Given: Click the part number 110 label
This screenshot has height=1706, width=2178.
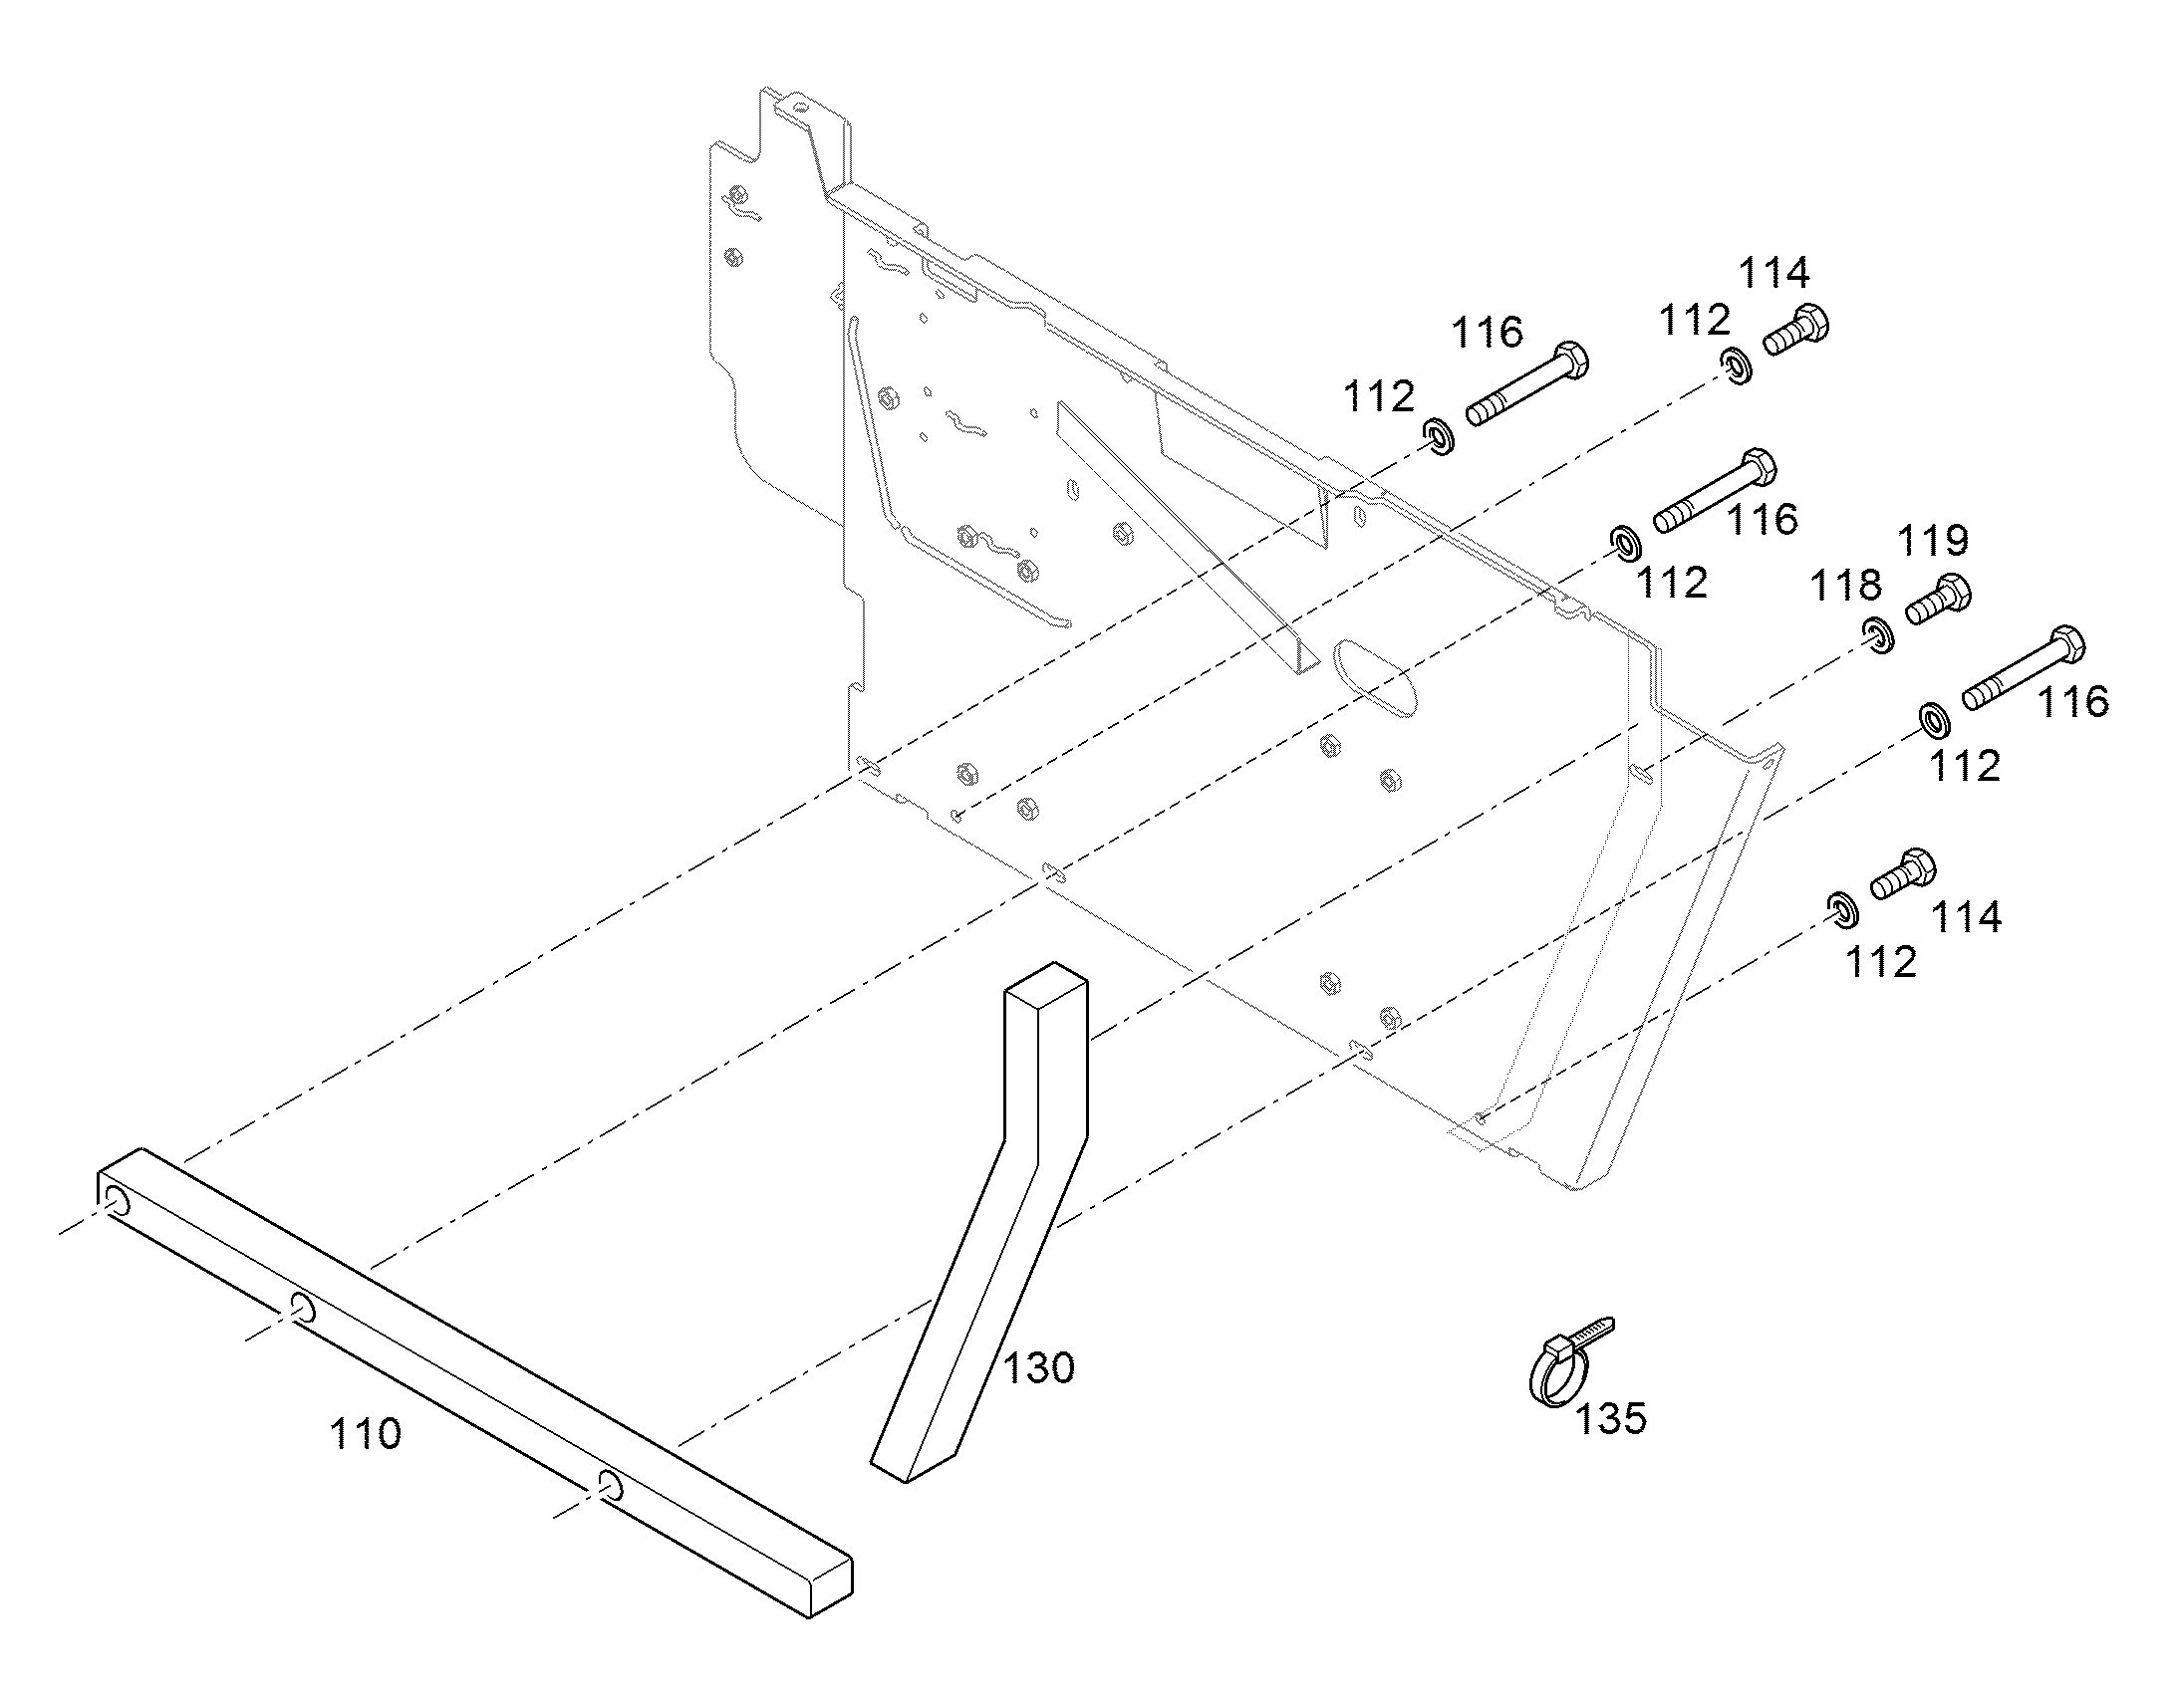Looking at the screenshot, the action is pyautogui.click(x=366, y=1434).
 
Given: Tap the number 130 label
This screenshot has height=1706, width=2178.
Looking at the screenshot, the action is pyautogui.click(x=1038, y=1367).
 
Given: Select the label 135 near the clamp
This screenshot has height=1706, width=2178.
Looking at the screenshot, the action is pyautogui.click(x=1610, y=1417).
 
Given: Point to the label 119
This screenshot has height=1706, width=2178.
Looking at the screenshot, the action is pyautogui.click(x=1933, y=541).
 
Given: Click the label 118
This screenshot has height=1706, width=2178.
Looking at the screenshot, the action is pyautogui.click(x=1845, y=587).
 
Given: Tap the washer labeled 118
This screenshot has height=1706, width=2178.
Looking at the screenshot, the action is pyautogui.click(x=1878, y=636).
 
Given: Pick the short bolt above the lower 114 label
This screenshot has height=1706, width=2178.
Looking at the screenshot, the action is pyautogui.click(x=1903, y=875).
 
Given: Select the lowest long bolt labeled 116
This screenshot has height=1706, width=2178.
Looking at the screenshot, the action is pyautogui.click(x=2024, y=668).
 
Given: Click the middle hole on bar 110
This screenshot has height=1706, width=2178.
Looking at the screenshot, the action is pyautogui.click(x=303, y=1307).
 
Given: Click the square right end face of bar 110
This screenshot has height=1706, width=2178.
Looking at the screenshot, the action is pyautogui.click(x=830, y=1590).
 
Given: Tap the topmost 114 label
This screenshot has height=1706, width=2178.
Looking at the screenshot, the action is pyautogui.click(x=1774, y=273).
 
